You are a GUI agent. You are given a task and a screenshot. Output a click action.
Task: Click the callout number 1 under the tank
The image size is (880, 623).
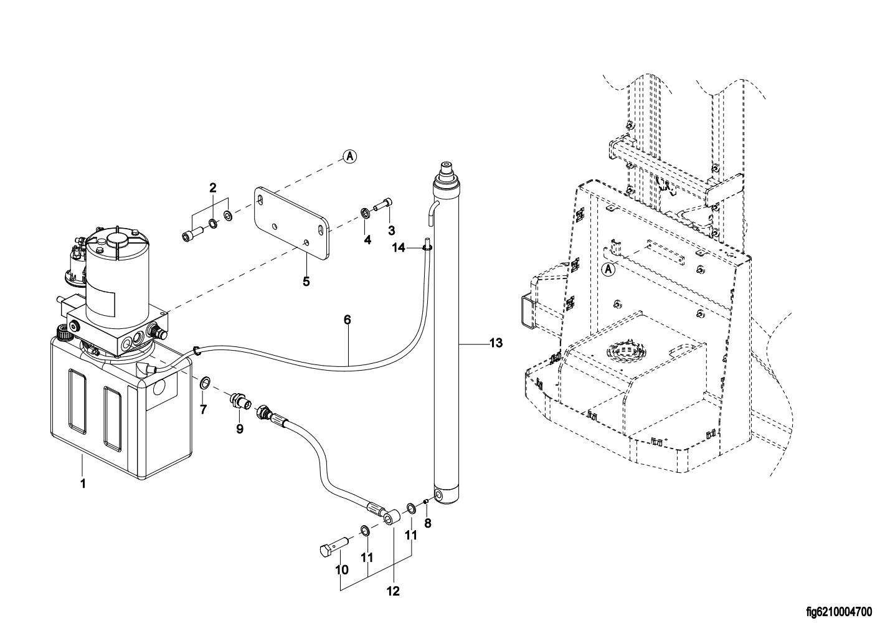(82, 483)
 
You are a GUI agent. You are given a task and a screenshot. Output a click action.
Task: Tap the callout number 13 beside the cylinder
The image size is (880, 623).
(496, 343)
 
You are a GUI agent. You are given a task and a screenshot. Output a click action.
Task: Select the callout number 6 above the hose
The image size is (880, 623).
(348, 320)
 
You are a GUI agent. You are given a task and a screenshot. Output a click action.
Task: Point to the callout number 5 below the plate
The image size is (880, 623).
(306, 281)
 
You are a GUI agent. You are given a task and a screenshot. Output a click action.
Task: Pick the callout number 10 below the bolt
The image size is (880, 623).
(342, 569)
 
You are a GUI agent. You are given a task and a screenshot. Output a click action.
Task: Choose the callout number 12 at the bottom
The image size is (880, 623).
(394, 591)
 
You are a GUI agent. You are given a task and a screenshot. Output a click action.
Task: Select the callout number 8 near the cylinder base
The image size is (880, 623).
(427, 523)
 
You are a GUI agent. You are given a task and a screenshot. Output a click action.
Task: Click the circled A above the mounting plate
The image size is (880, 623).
(350, 156)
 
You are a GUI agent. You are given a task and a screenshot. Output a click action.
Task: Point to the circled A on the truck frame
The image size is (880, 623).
(609, 270)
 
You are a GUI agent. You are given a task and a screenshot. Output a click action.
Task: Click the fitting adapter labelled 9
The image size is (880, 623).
(240, 400)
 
